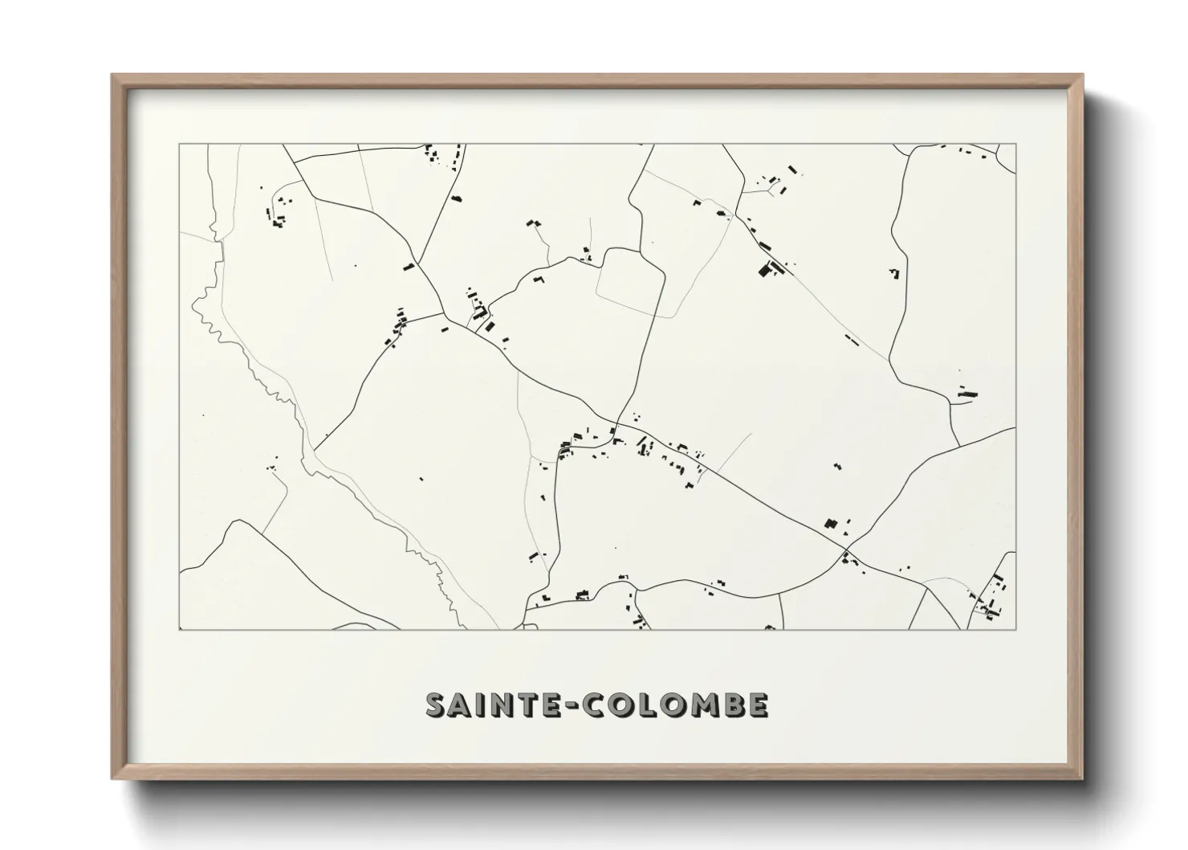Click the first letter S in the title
click(437, 705)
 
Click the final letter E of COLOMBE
click(759, 705)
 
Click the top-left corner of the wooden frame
click(112, 76)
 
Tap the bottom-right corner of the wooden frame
click(1081, 778)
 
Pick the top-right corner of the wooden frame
click(1081, 76)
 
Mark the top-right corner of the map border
click(1015, 144)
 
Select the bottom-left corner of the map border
click(179, 629)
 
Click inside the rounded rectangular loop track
click(630, 277)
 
